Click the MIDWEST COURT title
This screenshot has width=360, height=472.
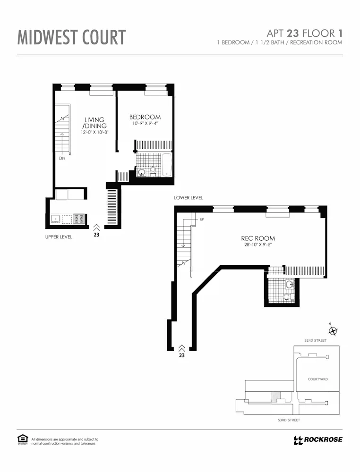tap(72, 37)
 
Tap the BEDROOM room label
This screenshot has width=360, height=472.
tap(145, 117)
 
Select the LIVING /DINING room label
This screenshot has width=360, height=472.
tap(94, 123)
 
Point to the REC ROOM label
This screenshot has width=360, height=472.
tap(257, 238)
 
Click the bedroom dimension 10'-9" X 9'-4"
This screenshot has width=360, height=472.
tap(145, 124)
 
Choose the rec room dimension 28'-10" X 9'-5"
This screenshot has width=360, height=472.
tap(257, 245)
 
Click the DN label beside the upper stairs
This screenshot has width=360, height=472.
tap(62, 159)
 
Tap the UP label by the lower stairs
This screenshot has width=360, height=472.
tap(202, 219)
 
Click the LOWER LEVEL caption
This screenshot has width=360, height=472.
tap(188, 198)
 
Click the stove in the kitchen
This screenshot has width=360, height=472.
tap(79, 219)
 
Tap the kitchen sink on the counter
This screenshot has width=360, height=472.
tap(56, 219)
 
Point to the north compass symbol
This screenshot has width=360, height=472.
tap(333, 331)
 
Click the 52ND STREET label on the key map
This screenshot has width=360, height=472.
tap(316, 340)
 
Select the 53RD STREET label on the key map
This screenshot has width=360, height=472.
tap(289, 420)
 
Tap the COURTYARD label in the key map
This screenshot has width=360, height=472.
tap(317, 379)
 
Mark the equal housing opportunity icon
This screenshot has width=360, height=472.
tap(23, 440)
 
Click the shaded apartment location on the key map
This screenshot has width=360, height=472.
tap(276, 397)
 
